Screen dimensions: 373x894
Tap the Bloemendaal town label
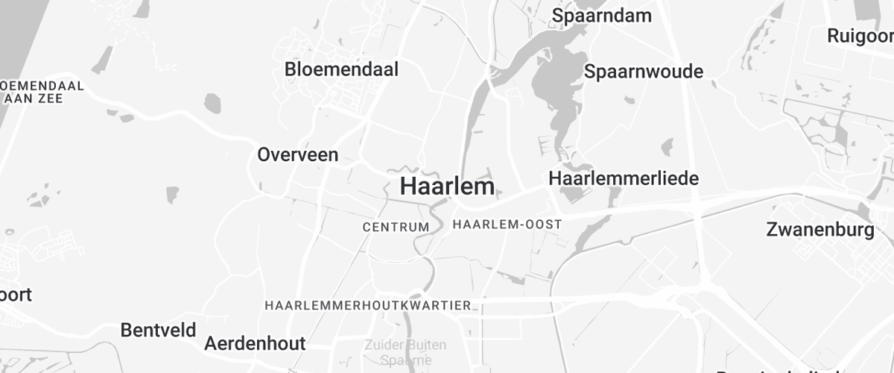tap(341, 69)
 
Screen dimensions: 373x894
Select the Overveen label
tap(297, 154)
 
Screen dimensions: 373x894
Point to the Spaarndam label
tap(602, 15)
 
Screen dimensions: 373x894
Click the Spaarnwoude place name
tap(644, 72)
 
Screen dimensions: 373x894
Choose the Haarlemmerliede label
tap(624, 178)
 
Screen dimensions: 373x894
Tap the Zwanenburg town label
tap(820, 229)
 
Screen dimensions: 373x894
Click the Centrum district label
tap(396, 227)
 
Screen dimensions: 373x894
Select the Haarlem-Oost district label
tap(507, 224)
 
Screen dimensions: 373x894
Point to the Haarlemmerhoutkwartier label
tap(368, 306)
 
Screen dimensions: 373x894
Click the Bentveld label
tap(158, 330)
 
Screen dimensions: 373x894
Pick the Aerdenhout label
tap(255, 344)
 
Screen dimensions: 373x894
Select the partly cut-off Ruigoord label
tap(860, 35)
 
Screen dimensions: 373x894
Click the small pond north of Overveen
tap(213, 103)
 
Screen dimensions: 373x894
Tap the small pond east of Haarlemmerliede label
tap(667, 147)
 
